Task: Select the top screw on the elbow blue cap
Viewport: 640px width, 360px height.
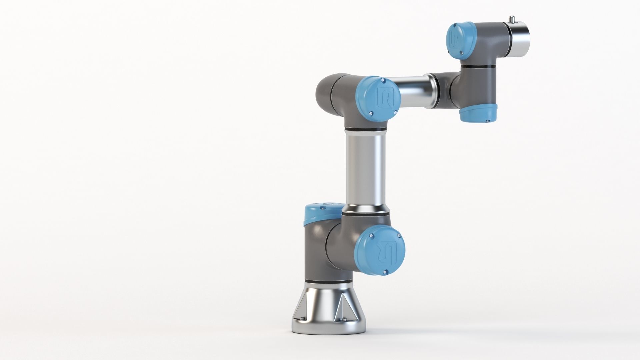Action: pyautogui.click(x=383, y=80)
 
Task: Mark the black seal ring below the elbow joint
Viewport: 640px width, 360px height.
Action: pyautogui.click(x=366, y=129)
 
